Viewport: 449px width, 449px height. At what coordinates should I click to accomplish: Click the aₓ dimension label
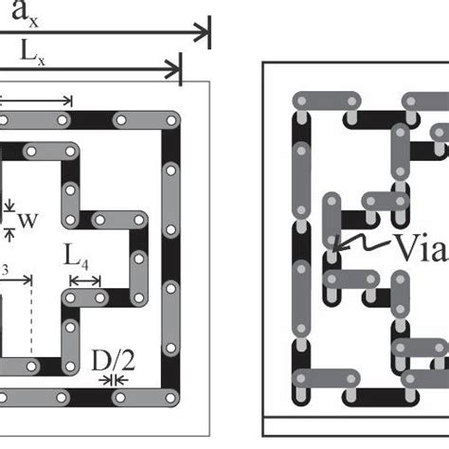(25, 14)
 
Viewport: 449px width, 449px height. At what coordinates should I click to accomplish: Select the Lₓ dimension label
(32, 52)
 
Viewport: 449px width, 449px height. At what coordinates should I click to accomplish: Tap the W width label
(28, 221)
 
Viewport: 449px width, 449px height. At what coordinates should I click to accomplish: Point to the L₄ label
(76, 257)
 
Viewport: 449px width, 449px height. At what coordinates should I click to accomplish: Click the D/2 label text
(114, 361)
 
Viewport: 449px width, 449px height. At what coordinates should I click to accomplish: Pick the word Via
(422, 247)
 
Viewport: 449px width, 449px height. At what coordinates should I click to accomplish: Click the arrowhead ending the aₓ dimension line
(202, 32)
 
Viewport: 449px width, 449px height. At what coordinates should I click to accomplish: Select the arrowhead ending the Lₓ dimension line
(173, 69)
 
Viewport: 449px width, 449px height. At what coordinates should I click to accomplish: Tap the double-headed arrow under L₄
(85, 280)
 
